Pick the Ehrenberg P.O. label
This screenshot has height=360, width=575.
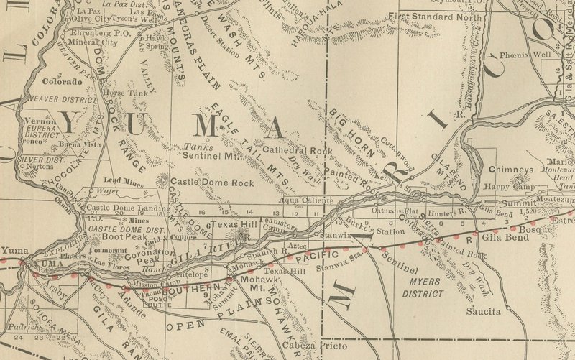tap(101, 33)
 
